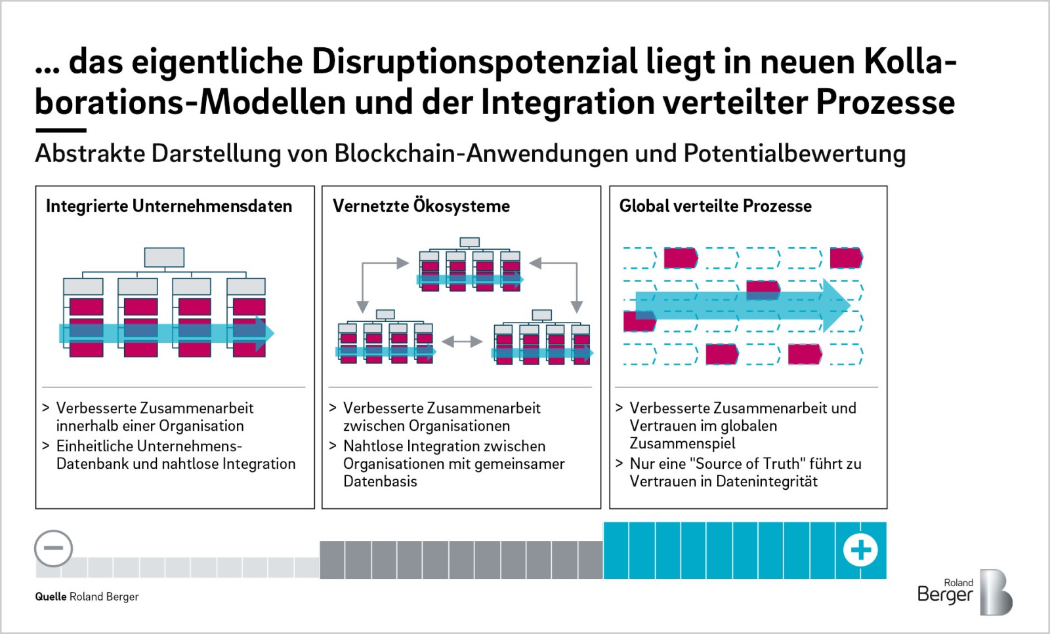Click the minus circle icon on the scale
tap(53, 548)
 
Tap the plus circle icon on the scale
tap(860, 549)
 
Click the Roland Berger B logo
tap(996, 592)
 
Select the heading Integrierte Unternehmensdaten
tap(169, 206)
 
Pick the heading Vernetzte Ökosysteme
tap(421, 206)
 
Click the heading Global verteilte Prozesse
tap(715, 206)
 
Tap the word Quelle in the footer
tap(51, 597)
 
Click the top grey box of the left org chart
tap(164, 258)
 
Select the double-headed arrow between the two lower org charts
tap(462, 342)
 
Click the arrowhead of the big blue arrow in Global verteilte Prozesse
tap(837, 306)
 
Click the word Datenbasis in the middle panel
tap(380, 481)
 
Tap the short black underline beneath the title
tap(61, 130)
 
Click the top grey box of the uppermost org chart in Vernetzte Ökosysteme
tap(469, 242)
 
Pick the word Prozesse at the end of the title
tap(885, 102)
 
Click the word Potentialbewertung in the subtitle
tap(795, 153)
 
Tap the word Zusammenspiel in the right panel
tap(682, 443)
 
